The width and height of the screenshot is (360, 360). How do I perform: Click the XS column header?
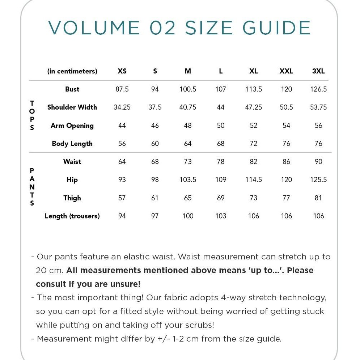pos(122,71)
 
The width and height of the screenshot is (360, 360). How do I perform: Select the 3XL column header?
pos(318,71)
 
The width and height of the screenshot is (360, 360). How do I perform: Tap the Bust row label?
pos(72,89)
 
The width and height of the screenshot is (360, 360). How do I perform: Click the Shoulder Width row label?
pos(72,107)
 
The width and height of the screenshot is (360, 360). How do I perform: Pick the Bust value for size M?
pos(188,89)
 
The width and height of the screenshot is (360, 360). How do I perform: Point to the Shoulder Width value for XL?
pos(254,107)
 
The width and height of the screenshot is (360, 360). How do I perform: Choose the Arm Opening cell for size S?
pos(155,126)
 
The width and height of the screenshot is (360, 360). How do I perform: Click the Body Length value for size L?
pos(221,144)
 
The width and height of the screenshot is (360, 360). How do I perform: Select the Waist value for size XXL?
pos(286,162)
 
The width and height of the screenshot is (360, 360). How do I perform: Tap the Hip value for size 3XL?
pos(318,180)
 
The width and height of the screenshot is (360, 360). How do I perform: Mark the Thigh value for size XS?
pos(122,198)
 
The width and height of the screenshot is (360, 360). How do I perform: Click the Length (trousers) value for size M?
pos(188,216)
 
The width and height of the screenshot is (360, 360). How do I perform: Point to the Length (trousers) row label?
pos(72,216)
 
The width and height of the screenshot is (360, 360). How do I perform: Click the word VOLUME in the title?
pos(94,28)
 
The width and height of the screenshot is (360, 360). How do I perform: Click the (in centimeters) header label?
pos(72,71)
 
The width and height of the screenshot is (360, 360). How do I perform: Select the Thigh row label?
pos(72,198)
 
